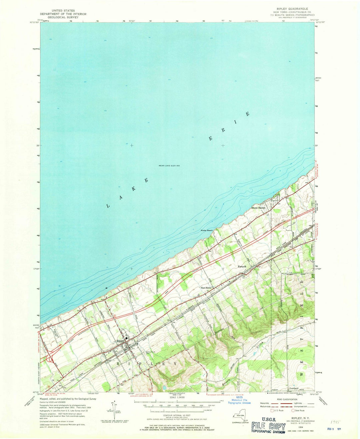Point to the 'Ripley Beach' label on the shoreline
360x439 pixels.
pyautogui.click(x=207, y=231)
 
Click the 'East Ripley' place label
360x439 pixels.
pyautogui.click(x=206, y=288)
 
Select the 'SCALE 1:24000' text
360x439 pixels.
pyautogui.click(x=177, y=397)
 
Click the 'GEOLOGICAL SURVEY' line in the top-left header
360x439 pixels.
pyautogui.click(x=63, y=17)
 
